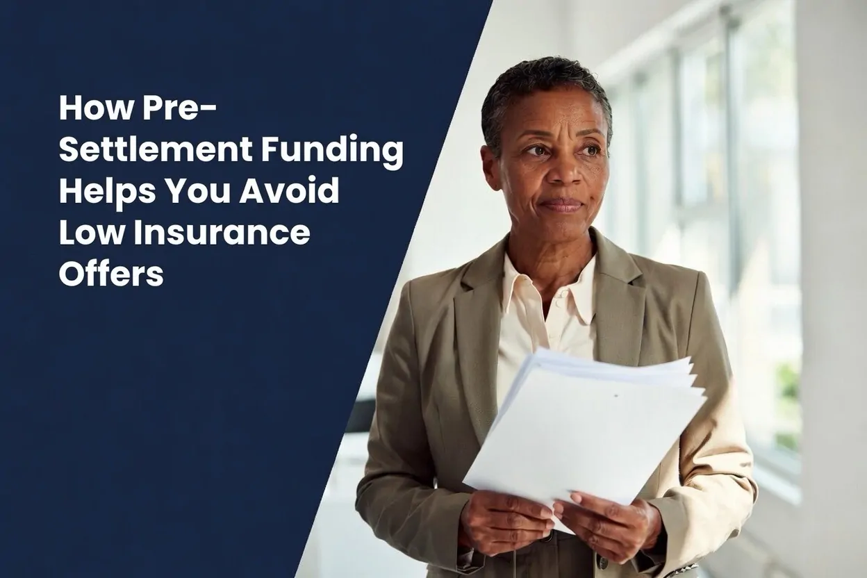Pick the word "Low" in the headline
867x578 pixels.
click(84, 233)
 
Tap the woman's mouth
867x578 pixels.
click(561, 204)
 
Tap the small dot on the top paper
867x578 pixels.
click(616, 396)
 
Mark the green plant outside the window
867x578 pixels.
click(789, 382)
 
